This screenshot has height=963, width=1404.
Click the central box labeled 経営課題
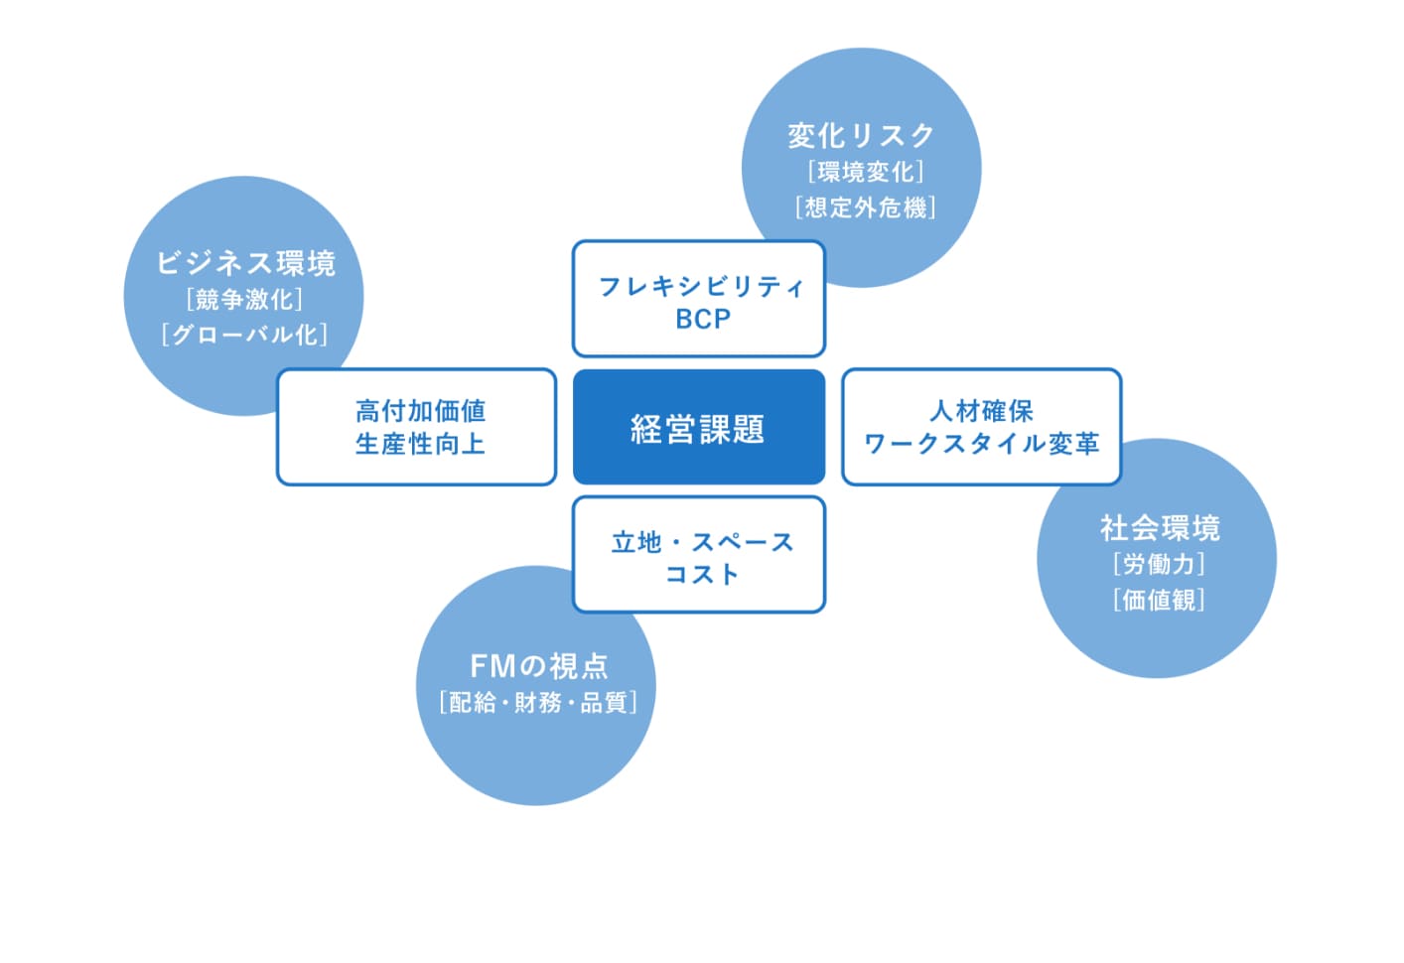(x=698, y=427)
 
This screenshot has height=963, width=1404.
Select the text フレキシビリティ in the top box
(x=701, y=287)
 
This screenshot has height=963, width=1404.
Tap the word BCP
(x=703, y=320)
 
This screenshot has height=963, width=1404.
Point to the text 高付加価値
(x=421, y=411)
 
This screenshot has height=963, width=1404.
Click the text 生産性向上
(x=421, y=444)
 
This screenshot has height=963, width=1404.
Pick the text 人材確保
(x=982, y=411)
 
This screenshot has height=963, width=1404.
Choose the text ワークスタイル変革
(x=982, y=444)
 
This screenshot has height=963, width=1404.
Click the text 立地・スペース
(x=703, y=542)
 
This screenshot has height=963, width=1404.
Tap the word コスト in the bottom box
(x=702, y=574)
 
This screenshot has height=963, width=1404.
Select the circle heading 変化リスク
(x=861, y=136)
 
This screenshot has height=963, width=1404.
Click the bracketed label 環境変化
(x=866, y=172)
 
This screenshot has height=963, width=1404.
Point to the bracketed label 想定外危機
(x=866, y=207)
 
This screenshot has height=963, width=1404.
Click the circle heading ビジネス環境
(x=245, y=263)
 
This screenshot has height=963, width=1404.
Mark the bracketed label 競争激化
(x=244, y=300)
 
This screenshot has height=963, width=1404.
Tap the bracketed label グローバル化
(x=244, y=335)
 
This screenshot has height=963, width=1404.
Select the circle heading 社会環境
(x=1160, y=527)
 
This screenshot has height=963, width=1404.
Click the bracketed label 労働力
(x=1159, y=564)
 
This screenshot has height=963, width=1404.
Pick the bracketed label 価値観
(x=1159, y=600)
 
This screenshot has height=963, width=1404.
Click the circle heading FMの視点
(x=538, y=666)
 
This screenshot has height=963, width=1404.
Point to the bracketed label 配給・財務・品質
(x=538, y=702)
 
